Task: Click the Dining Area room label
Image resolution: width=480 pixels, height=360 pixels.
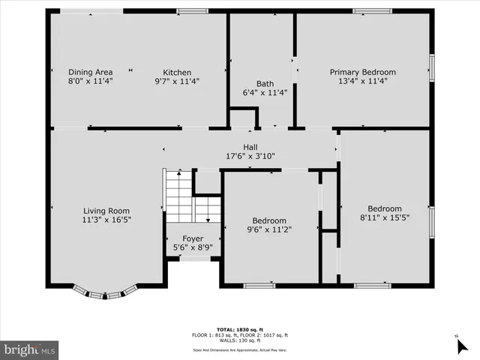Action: (90, 73)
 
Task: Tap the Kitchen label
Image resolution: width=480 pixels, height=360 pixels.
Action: (177, 73)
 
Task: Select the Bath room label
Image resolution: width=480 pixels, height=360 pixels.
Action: (265, 84)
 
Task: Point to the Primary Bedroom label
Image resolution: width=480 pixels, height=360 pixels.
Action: (362, 73)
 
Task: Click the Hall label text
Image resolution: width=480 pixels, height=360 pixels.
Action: (250, 147)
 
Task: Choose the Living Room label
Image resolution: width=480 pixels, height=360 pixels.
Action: (106, 211)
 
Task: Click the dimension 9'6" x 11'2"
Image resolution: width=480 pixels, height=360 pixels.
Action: (269, 229)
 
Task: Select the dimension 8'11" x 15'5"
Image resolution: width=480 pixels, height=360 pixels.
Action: (384, 218)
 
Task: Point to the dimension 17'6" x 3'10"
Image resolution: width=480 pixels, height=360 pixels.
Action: (250, 157)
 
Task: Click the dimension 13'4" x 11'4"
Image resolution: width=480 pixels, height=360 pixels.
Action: (362, 82)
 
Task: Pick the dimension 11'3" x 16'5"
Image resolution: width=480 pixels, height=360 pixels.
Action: (106, 220)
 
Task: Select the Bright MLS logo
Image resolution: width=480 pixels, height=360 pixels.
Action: (30, 349)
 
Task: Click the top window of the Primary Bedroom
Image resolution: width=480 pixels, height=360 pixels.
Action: (372, 11)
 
